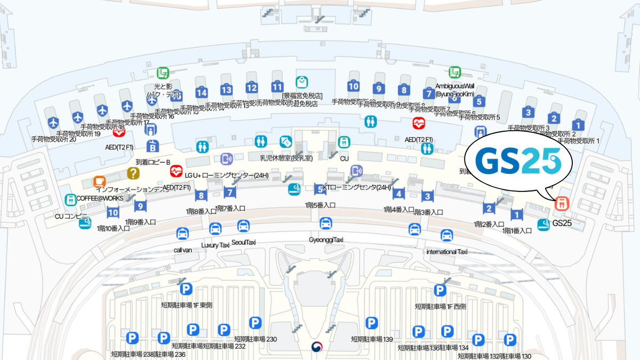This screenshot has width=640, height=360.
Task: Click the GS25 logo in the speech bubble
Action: (x=518, y=161)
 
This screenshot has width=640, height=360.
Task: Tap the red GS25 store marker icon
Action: (x=561, y=203)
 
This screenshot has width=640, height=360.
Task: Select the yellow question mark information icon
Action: (x=133, y=173)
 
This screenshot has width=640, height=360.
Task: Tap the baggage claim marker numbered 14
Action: (x=201, y=93)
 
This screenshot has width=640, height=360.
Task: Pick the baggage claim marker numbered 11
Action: (x=277, y=87)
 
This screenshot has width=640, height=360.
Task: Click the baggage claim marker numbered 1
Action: (x=579, y=125)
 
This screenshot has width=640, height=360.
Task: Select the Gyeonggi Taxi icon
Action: (x=326, y=223)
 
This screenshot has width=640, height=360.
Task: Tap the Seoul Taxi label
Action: (x=244, y=242)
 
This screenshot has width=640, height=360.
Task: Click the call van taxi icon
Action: (x=182, y=234)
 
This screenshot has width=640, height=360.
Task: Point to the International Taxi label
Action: (x=447, y=251)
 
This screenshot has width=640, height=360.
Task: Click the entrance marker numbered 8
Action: (x=201, y=196)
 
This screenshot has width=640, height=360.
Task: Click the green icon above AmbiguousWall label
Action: (x=455, y=72)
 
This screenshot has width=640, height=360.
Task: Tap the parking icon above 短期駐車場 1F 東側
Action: (x=186, y=289)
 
